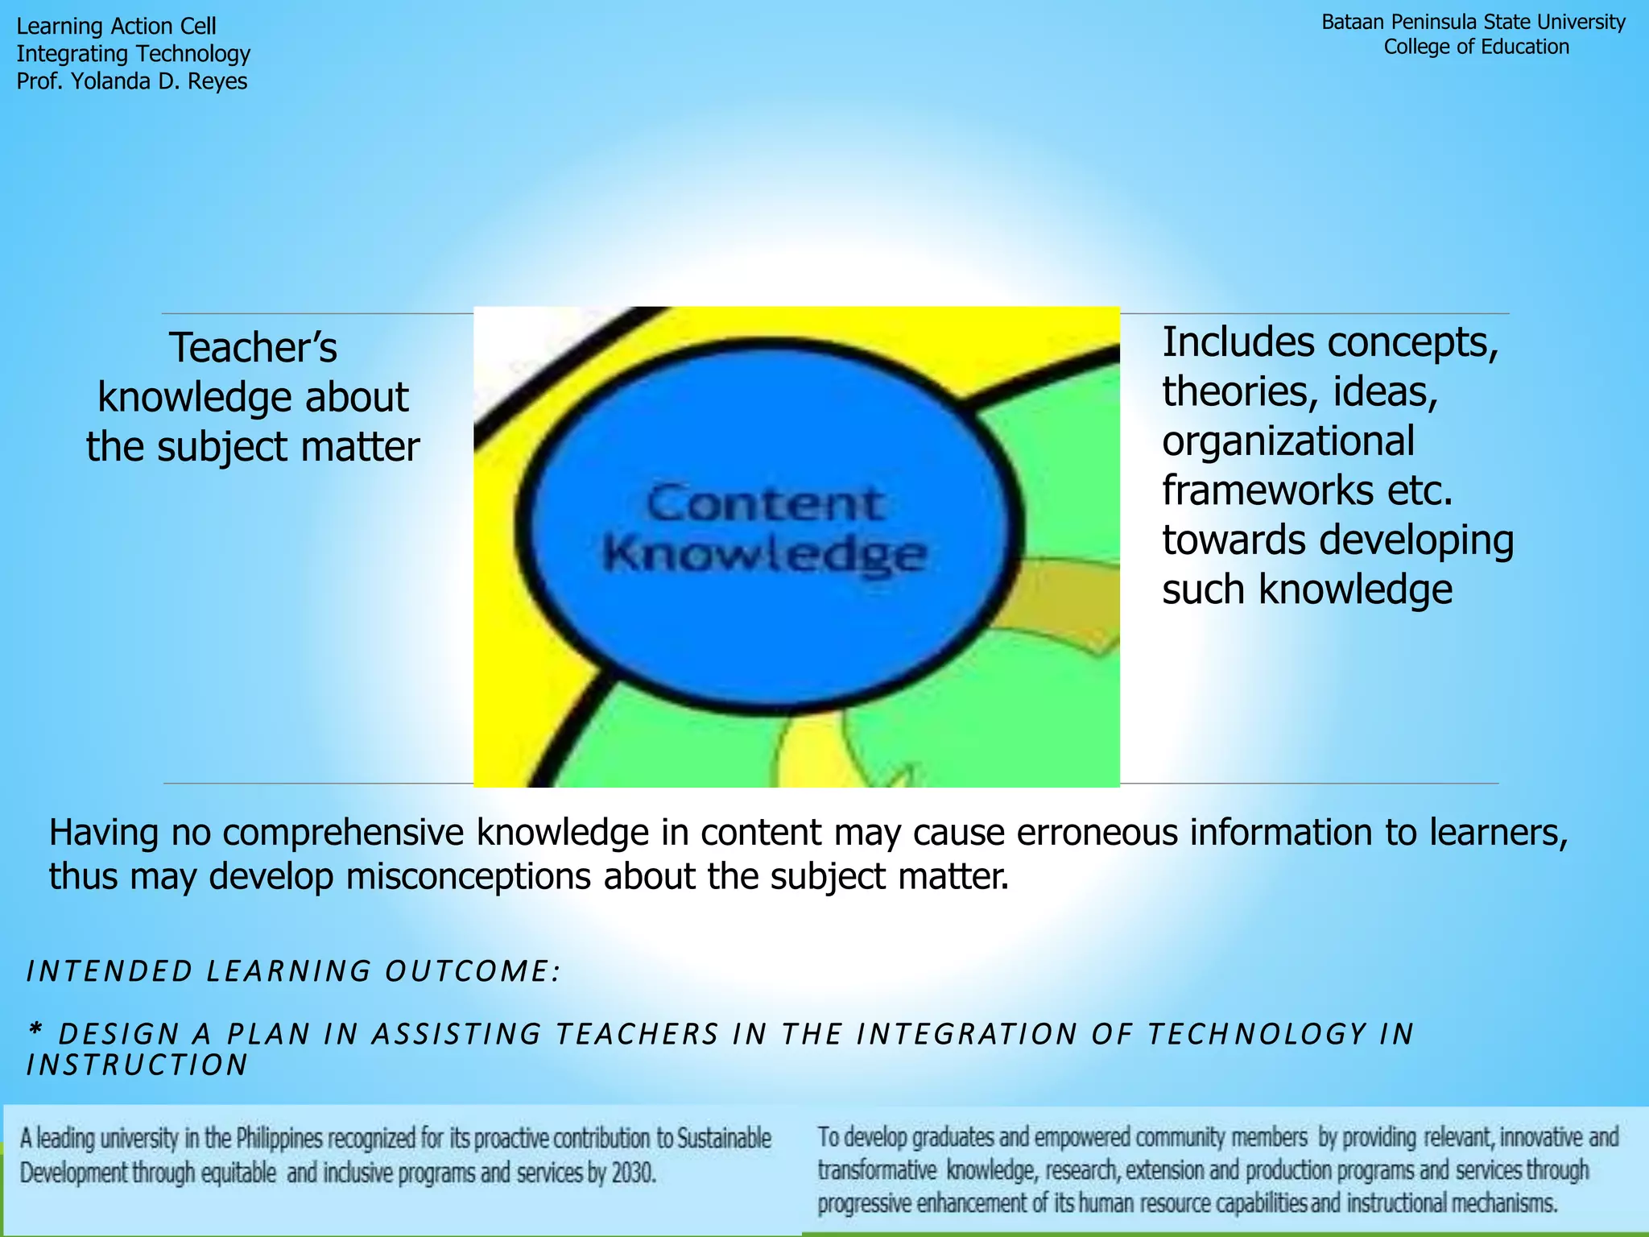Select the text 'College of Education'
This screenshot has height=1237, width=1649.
(x=1476, y=47)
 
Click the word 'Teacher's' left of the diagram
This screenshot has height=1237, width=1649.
(x=253, y=348)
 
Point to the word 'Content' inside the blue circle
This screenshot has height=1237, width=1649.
(x=764, y=505)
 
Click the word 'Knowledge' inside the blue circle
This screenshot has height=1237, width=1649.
(x=764, y=555)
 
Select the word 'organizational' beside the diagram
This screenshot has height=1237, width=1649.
(x=1287, y=441)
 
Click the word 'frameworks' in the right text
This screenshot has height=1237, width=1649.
(x=1267, y=490)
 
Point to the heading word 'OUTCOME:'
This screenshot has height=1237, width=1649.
(x=472, y=971)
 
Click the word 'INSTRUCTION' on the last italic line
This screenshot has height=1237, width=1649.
(x=137, y=1065)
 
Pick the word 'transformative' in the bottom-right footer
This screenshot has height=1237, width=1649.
(x=877, y=1170)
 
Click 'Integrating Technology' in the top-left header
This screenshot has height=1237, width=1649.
(x=133, y=54)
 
